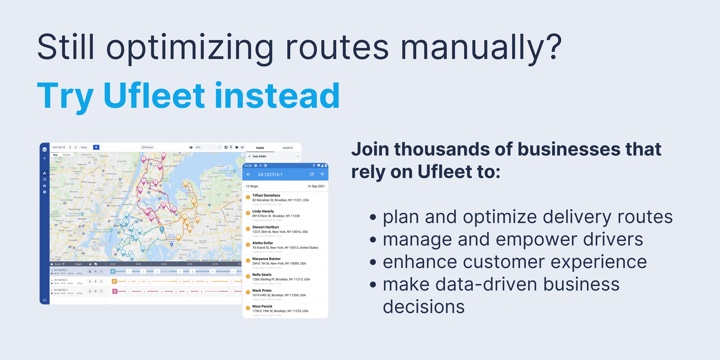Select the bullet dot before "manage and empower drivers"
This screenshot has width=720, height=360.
coord(373,240)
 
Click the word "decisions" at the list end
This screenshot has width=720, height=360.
coord(423,307)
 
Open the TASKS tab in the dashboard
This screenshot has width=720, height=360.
coord(260,148)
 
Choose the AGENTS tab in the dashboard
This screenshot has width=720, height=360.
coord(288,148)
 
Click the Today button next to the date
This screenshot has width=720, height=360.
coord(84,147)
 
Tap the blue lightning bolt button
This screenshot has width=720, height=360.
coord(96,147)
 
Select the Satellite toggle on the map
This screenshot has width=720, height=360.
coord(67,155)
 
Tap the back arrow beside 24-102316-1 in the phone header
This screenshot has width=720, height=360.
coord(248,175)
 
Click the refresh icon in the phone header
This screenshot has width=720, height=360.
coord(311,175)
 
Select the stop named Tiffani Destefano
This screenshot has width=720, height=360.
coord(266,196)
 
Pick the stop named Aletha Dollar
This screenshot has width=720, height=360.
coord(263,243)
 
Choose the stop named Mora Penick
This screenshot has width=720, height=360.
coord(262,306)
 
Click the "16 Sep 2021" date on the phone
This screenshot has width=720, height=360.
coord(316,186)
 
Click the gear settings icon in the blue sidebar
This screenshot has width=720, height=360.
coord(45,192)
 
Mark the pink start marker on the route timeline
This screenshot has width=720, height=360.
coord(115,291)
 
